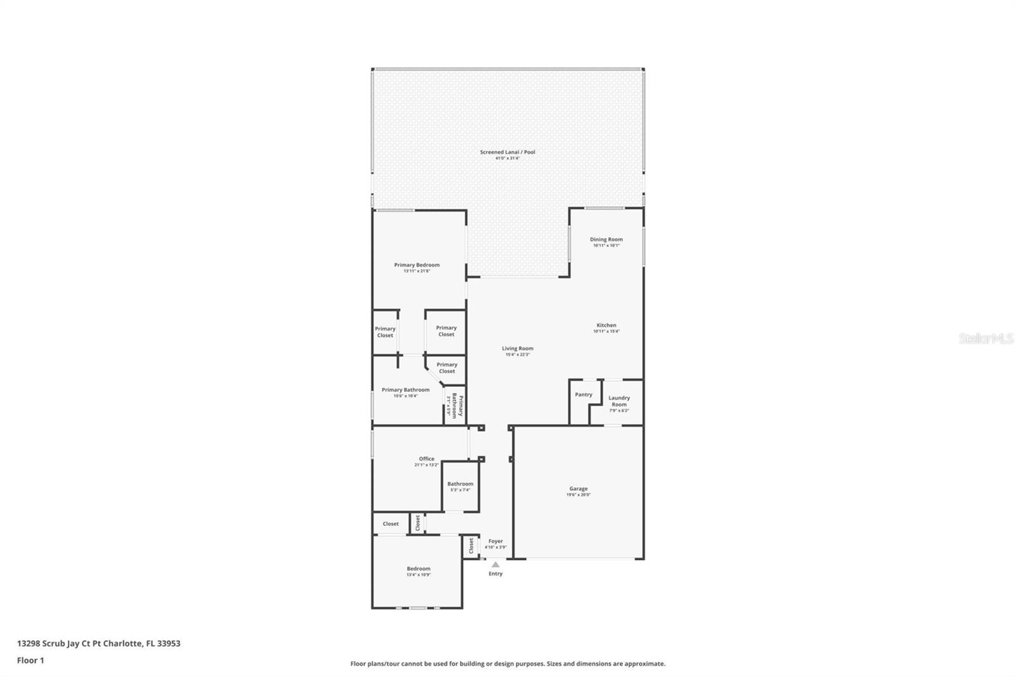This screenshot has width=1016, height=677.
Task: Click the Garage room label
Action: tap(578, 489)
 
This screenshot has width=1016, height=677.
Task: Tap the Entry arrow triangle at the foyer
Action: tap(495, 564)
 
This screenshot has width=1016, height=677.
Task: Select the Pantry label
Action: tap(584, 394)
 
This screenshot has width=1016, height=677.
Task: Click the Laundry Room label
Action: tap(619, 401)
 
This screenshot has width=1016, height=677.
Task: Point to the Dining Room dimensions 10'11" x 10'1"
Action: tap(606, 246)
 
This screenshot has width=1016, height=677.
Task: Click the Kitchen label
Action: tap(606, 325)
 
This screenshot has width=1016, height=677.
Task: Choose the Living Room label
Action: tap(518, 348)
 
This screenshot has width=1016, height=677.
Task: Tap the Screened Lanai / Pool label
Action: tap(507, 152)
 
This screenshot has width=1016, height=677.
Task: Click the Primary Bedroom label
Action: tap(417, 265)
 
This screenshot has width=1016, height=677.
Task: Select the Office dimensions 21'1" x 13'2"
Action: tap(427, 465)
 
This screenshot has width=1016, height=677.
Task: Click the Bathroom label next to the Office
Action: tap(460, 484)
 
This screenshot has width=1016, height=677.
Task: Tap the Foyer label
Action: tap(495, 541)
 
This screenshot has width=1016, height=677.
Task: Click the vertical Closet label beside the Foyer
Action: tap(471, 546)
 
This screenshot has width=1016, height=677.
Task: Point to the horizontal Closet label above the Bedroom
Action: tap(391, 524)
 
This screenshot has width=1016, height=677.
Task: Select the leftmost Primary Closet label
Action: tap(385, 332)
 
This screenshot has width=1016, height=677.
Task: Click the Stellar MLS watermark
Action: tap(986, 338)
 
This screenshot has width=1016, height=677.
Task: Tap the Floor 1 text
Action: tap(30, 660)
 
